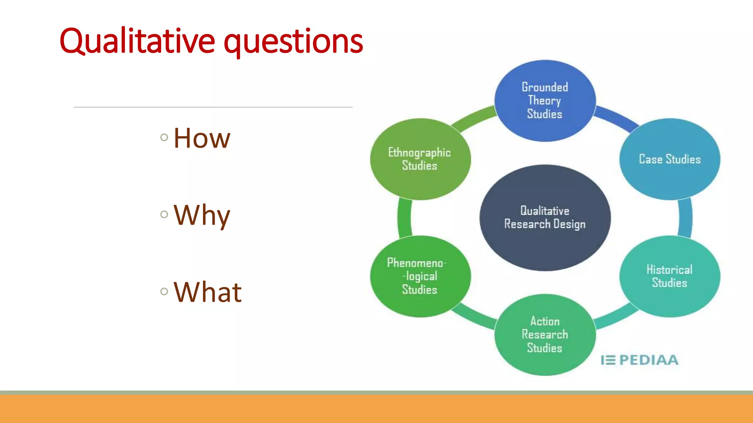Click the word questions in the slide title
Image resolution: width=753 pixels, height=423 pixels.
tap(293, 42)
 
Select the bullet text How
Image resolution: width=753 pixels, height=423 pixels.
tap(202, 138)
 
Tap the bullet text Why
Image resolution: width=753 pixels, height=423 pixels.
tap(202, 215)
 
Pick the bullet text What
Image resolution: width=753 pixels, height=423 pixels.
tap(207, 292)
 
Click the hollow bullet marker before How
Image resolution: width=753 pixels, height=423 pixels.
tap(164, 138)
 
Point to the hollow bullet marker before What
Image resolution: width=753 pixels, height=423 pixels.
tap(164, 292)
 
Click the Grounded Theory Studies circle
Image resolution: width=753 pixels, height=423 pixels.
tap(545, 101)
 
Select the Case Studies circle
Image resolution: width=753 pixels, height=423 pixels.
tap(670, 159)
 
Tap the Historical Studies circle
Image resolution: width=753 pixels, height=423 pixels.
tap(670, 276)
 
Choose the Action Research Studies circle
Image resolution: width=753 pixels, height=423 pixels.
tap(545, 335)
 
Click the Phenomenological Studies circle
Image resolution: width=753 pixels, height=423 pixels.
tap(420, 276)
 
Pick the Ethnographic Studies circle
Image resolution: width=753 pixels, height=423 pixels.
tap(420, 159)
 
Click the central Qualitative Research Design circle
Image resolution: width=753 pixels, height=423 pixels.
tap(545, 217)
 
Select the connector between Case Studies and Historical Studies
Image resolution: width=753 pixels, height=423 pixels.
tap(685, 218)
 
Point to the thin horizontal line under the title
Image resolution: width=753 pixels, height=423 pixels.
tap(213, 107)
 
